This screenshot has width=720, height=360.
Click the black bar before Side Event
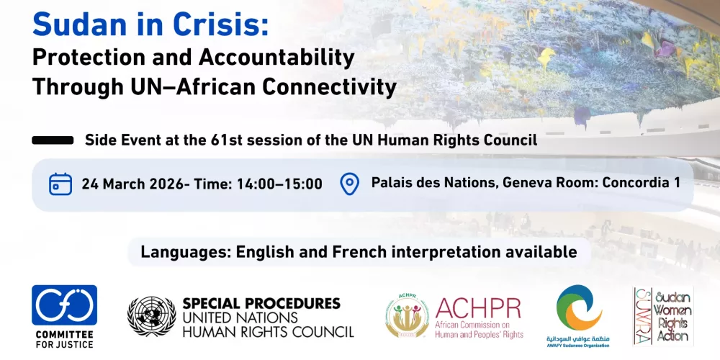coord(53,140)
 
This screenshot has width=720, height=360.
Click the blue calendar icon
coord(60,184)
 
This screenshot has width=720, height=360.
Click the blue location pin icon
coord(349,184)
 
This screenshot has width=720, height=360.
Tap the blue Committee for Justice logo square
coord(64,305)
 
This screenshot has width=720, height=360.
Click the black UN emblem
coord(151,317)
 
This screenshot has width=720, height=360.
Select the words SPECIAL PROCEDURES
coord(261,303)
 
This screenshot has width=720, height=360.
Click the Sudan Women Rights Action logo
coord(662,316)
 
